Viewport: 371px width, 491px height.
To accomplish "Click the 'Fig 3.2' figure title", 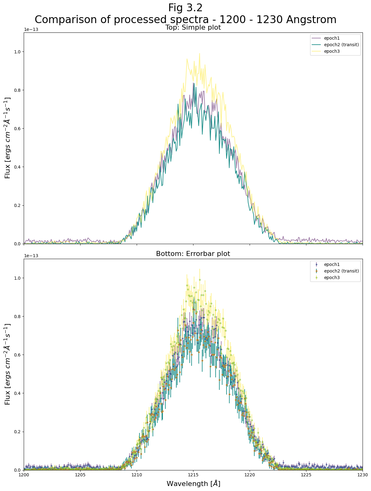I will [185, 7].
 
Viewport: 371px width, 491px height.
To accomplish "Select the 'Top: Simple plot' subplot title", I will [193, 27].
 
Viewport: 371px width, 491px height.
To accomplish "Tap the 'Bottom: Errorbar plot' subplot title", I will [193, 254].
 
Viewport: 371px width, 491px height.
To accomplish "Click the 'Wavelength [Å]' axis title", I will [193, 484].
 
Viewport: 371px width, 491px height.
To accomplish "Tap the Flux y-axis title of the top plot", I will [8, 138].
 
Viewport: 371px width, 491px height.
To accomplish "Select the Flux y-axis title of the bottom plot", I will [8, 364].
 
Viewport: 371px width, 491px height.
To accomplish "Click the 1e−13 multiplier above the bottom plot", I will [31, 256].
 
